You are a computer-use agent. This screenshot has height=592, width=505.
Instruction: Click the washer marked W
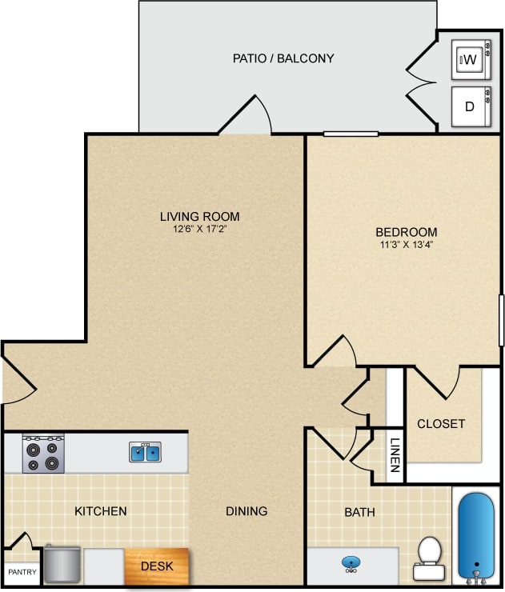click(x=470, y=59)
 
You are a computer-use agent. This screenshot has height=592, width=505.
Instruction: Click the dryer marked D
click(x=470, y=106)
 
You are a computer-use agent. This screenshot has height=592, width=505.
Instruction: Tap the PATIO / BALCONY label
click(x=283, y=58)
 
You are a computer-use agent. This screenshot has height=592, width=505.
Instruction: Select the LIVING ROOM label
click(x=199, y=216)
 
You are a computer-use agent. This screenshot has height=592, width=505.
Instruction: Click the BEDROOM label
click(x=407, y=232)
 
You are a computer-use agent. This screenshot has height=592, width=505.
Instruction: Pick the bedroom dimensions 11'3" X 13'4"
click(x=407, y=245)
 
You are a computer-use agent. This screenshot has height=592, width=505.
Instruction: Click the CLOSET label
click(x=441, y=423)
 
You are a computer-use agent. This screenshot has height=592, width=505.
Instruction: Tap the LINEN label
click(x=395, y=457)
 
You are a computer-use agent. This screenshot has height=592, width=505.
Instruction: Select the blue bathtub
click(x=477, y=534)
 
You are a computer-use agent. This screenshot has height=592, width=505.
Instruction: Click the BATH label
click(x=359, y=512)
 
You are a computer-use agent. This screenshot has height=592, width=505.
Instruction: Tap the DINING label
click(x=246, y=511)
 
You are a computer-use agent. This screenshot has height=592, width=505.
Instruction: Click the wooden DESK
click(x=157, y=566)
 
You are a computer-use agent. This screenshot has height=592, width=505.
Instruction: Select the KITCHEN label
click(x=101, y=511)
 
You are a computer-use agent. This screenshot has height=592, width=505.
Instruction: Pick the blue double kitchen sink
click(x=145, y=453)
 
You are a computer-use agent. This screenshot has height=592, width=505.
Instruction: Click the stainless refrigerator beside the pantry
click(x=62, y=565)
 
